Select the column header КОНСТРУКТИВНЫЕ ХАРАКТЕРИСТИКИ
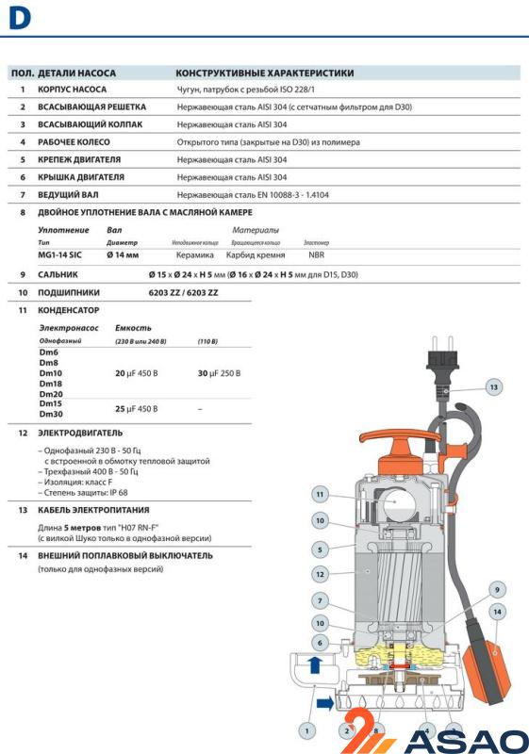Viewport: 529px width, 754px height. tap(265, 73)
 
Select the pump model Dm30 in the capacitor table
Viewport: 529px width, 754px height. tap(51, 415)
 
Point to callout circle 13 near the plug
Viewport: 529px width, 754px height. tap(495, 386)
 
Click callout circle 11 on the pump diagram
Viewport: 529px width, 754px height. tap(321, 494)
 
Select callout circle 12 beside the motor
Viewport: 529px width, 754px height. tap(321, 574)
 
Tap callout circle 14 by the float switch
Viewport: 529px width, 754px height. tap(497, 612)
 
